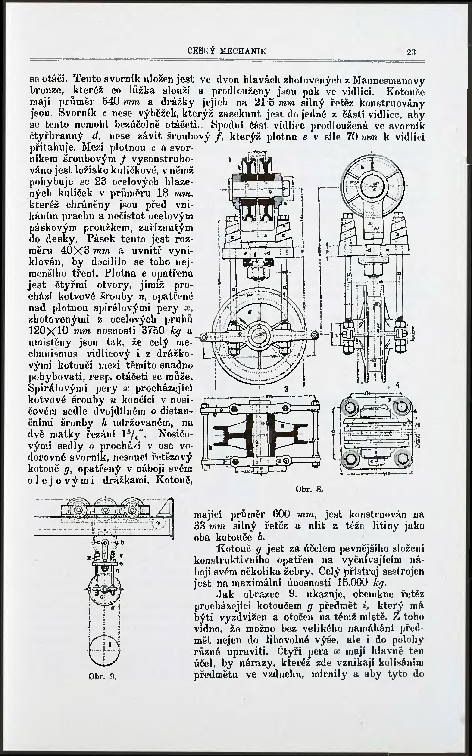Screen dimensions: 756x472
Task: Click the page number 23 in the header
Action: click(411, 52)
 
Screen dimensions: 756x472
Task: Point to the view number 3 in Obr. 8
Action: click(286, 389)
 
